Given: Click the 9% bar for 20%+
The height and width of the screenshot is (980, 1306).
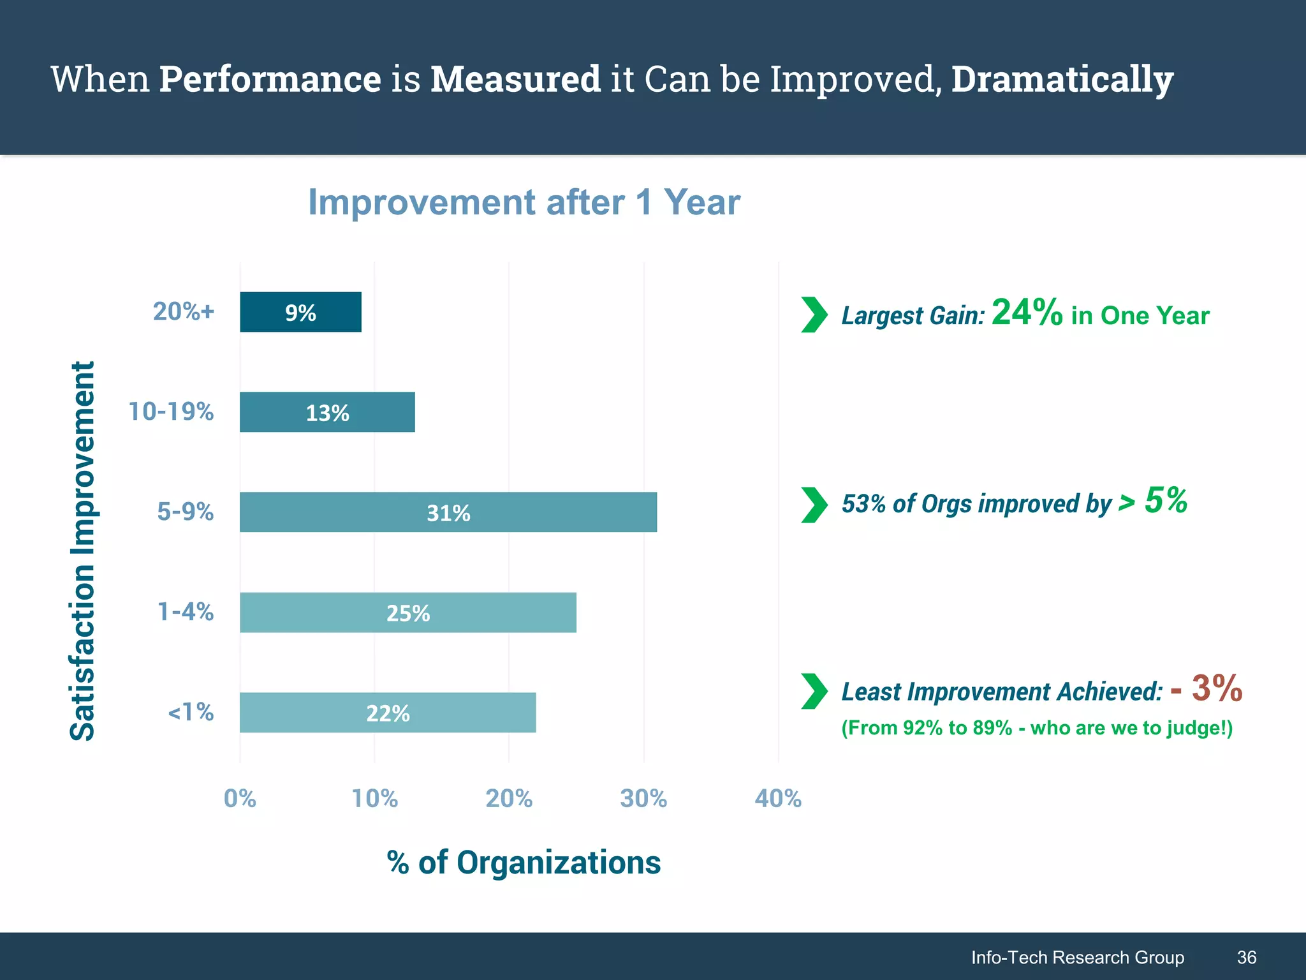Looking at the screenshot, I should pyautogui.click(x=300, y=312).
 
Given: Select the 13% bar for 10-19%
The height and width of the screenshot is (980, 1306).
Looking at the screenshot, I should pyautogui.click(x=327, y=412).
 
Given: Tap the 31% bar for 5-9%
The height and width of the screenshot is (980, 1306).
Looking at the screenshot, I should pyautogui.click(x=448, y=512).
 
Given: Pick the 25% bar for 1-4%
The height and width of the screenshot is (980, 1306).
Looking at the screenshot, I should pyautogui.click(x=408, y=612).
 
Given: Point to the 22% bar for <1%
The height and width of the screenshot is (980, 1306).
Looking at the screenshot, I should pyautogui.click(x=388, y=713).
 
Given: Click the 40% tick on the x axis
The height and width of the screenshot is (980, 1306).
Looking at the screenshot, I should pyautogui.click(x=778, y=798).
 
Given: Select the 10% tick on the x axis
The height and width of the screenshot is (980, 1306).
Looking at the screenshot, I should pyautogui.click(x=375, y=798).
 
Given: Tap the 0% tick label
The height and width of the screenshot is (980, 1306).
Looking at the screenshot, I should pyautogui.click(x=240, y=798).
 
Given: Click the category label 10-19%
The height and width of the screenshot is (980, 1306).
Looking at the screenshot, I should pyautogui.click(x=171, y=412).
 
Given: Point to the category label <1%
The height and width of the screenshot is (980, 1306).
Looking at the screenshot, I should pyautogui.click(x=190, y=711).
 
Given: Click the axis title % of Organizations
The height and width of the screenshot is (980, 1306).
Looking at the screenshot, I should pyautogui.click(x=524, y=862).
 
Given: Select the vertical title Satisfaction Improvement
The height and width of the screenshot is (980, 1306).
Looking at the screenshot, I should pyautogui.click(x=82, y=551).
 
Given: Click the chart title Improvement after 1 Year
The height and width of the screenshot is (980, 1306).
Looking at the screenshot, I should pyautogui.click(x=524, y=202).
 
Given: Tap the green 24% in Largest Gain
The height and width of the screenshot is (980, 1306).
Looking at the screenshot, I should pyautogui.click(x=1027, y=313).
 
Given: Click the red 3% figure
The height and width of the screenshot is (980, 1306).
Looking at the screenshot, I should pyautogui.click(x=1216, y=688).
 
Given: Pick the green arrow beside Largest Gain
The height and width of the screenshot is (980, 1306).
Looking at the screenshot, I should pyautogui.click(x=814, y=315).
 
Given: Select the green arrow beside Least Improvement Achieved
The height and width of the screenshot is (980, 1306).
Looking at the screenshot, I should pyautogui.click(x=814, y=691).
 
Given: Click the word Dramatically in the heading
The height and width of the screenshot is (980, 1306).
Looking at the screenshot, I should pyautogui.click(x=1062, y=79).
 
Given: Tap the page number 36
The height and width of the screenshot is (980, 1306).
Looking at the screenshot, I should pyautogui.click(x=1247, y=957).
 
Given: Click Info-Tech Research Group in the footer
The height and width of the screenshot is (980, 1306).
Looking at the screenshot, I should pyautogui.click(x=1077, y=957).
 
